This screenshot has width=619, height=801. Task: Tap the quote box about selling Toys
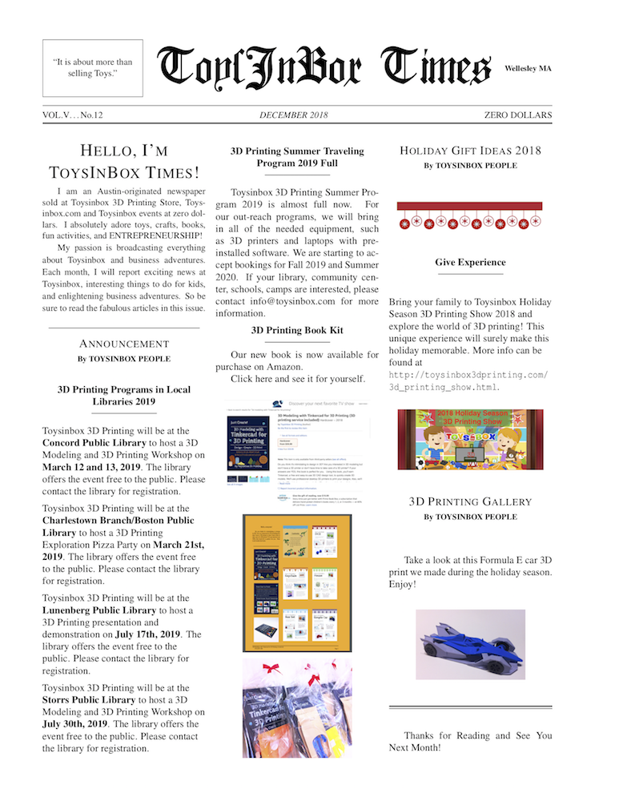[x=92, y=68]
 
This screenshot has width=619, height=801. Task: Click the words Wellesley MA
[x=528, y=69]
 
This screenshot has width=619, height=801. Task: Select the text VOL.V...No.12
[x=73, y=115]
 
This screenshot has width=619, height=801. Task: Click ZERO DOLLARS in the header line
[x=517, y=115]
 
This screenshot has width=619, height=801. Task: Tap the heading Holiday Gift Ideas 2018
[x=470, y=151]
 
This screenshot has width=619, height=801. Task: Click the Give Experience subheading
[x=470, y=262]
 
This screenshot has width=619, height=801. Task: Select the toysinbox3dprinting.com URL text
[x=468, y=380]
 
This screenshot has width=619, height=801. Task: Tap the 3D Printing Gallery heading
[x=470, y=501]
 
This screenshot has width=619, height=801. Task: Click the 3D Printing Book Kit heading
[x=297, y=329]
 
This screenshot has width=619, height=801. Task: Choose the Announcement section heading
[x=123, y=344]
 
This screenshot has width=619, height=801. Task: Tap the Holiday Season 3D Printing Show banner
[x=470, y=440]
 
